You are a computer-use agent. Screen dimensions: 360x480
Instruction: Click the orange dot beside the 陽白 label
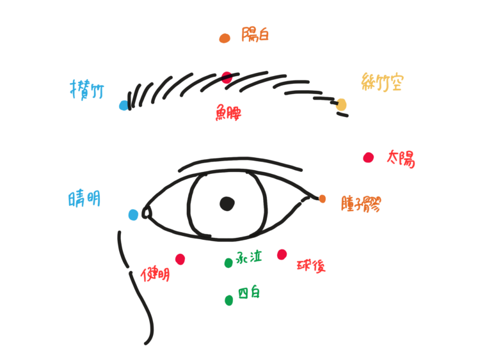coord(224,38)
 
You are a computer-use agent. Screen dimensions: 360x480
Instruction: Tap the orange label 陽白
coord(255,35)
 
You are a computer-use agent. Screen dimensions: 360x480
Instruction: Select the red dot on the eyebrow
coord(227,77)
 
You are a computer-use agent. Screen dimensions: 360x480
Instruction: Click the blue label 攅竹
coord(87,90)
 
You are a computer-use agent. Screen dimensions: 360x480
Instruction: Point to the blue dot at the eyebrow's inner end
coord(124,106)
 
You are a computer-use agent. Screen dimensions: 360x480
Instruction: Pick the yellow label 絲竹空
coord(382,82)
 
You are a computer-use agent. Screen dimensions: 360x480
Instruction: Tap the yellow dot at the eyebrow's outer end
coord(341,104)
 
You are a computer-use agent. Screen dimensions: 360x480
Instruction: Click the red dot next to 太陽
coord(368,157)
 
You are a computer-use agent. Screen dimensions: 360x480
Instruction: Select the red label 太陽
coord(401,158)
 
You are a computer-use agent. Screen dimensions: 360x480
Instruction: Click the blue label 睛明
coord(84,199)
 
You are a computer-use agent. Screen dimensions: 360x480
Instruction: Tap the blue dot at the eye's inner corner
coord(133,215)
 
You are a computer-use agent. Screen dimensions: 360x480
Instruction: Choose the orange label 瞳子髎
coord(361,204)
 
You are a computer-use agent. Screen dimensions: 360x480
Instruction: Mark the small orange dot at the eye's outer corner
coord(323,199)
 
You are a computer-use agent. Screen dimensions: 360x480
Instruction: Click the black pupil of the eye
coord(227,204)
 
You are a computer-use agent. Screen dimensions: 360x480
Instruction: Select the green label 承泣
coord(249,257)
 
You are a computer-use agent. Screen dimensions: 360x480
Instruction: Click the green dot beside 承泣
coord(228,263)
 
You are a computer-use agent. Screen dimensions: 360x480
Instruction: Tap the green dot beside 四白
coord(229,300)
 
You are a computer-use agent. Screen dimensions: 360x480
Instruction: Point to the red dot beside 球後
coord(282,254)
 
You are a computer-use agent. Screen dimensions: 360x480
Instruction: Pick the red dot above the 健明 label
coord(180,259)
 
